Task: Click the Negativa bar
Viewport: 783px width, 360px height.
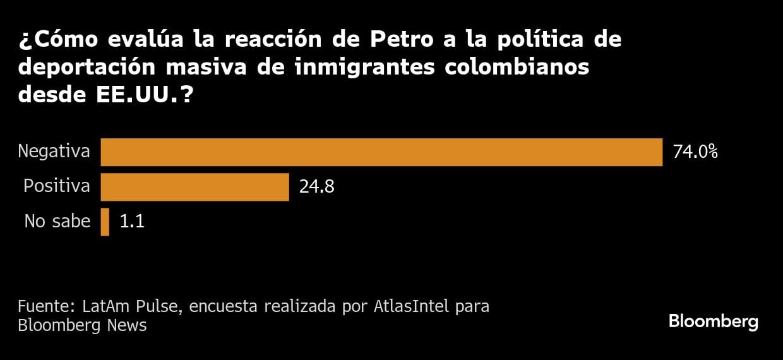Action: pos(381,152)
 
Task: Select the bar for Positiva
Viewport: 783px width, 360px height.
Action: pos(194,187)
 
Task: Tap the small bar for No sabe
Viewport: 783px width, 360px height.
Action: pos(105,222)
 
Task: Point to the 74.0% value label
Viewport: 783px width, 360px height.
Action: pos(695,152)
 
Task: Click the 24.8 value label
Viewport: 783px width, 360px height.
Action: pos(316,187)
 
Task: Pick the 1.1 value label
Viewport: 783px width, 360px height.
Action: pos(132,222)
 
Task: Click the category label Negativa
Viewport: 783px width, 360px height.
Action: pos(54,152)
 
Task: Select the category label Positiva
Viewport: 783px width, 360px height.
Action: pos(56,187)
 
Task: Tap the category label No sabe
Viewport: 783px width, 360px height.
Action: pos(57,222)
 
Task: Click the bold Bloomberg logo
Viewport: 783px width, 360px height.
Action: pos(713,321)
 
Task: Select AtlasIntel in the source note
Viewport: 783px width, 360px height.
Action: pos(412,307)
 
